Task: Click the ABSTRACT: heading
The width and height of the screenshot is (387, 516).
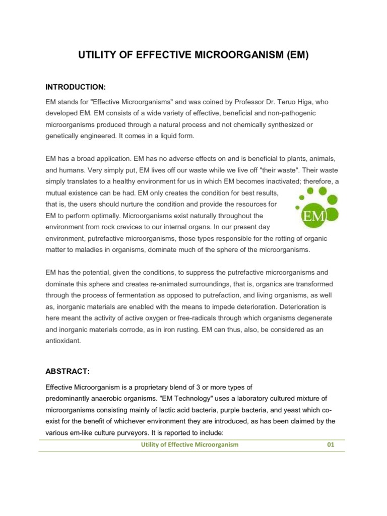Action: pyautogui.click(x=68, y=371)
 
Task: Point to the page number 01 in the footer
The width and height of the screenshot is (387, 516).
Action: pyautogui.click(x=331, y=445)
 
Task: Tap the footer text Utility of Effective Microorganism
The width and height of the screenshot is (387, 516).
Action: pyautogui.click(x=189, y=445)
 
